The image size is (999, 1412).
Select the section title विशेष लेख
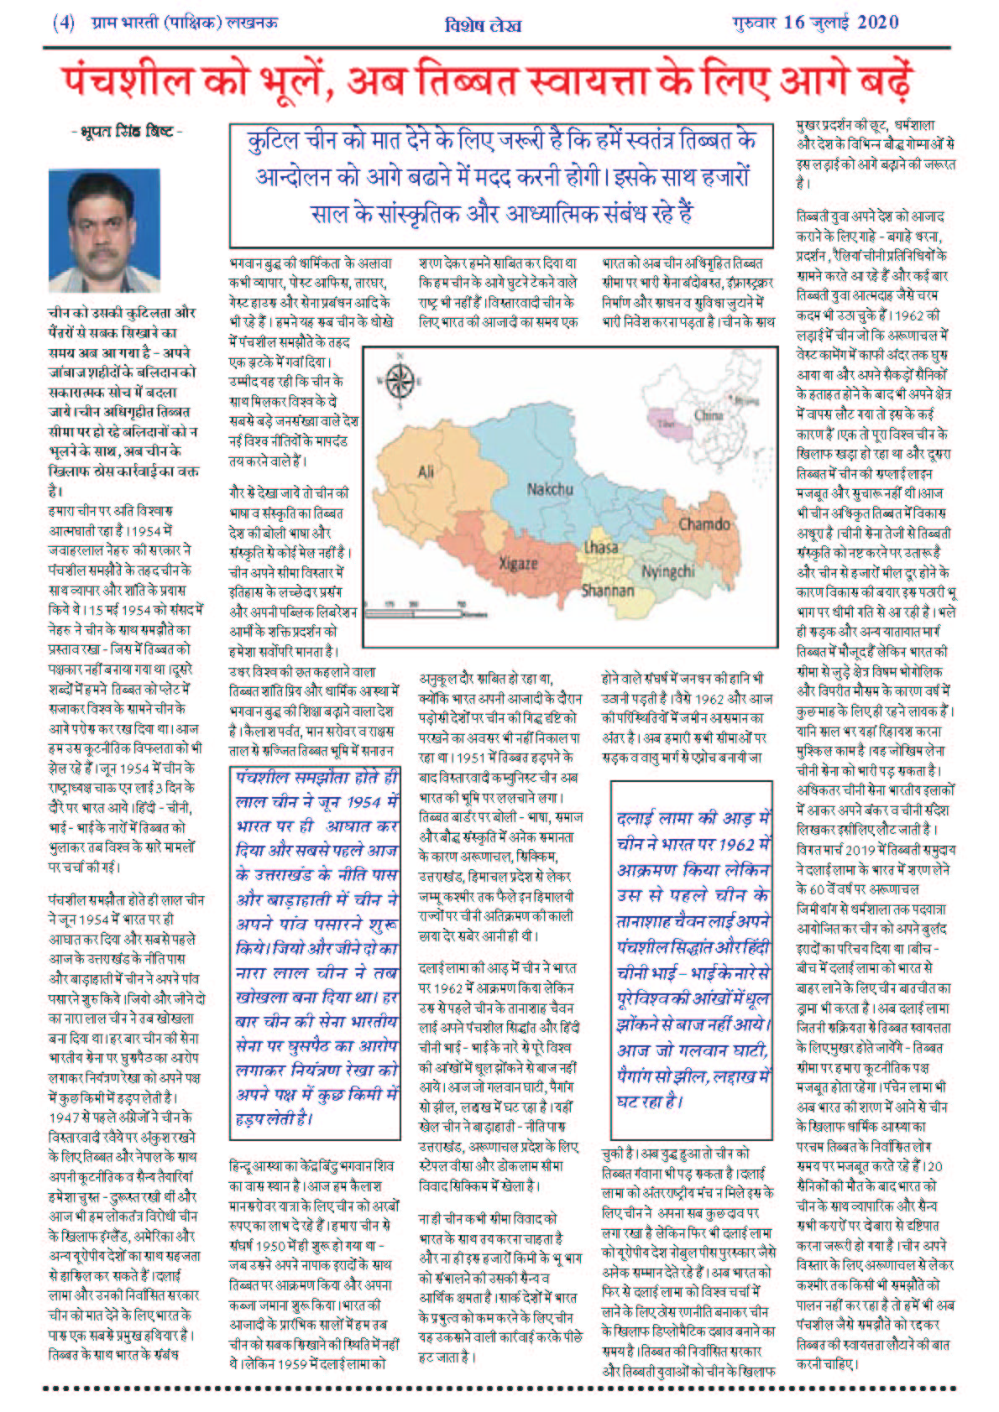point(482,25)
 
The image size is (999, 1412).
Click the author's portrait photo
point(104,228)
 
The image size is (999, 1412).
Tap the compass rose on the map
point(400,382)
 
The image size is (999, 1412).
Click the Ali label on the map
point(426,472)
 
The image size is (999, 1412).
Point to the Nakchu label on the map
point(550,489)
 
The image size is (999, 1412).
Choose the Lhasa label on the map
point(601,548)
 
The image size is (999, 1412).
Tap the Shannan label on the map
point(608,591)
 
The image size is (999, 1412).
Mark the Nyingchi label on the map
point(668,571)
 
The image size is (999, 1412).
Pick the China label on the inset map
point(709,415)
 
